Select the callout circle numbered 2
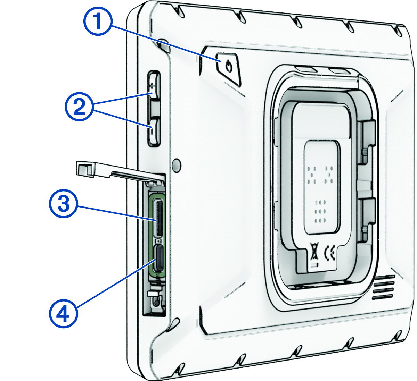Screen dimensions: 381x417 click(x=80, y=107)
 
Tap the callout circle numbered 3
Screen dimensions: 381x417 click(x=63, y=204)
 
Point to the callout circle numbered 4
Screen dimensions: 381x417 click(x=63, y=314)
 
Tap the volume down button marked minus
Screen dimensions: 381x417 click(x=154, y=131)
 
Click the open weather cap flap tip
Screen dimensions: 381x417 click(x=84, y=169)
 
